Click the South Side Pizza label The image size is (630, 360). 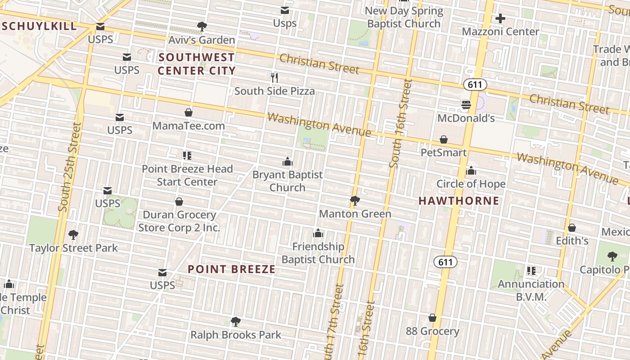(x=274, y=91)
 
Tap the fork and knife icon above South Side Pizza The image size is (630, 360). (x=274, y=77)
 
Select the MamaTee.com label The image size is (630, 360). (x=189, y=126)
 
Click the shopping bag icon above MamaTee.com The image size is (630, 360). (x=189, y=112)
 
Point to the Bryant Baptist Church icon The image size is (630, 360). (x=288, y=162)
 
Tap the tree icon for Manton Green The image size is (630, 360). (x=355, y=200)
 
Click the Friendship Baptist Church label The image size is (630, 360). (x=318, y=253)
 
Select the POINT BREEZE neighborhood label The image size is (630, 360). (x=231, y=269)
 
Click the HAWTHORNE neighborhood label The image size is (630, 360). (x=459, y=201)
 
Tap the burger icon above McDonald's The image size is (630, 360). (x=466, y=105)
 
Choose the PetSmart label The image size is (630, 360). (x=444, y=153)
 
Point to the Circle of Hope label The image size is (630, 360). (x=471, y=184)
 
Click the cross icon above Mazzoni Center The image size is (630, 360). (x=500, y=18)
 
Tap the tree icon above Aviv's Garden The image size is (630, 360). (x=202, y=27)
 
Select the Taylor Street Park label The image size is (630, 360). (x=73, y=248)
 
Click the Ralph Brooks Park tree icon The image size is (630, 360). (x=235, y=322)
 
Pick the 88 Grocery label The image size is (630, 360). (x=432, y=332)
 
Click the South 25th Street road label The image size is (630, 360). (x=70, y=167)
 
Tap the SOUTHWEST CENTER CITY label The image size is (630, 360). (x=197, y=64)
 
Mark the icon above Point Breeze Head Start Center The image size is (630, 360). (x=187, y=156)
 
